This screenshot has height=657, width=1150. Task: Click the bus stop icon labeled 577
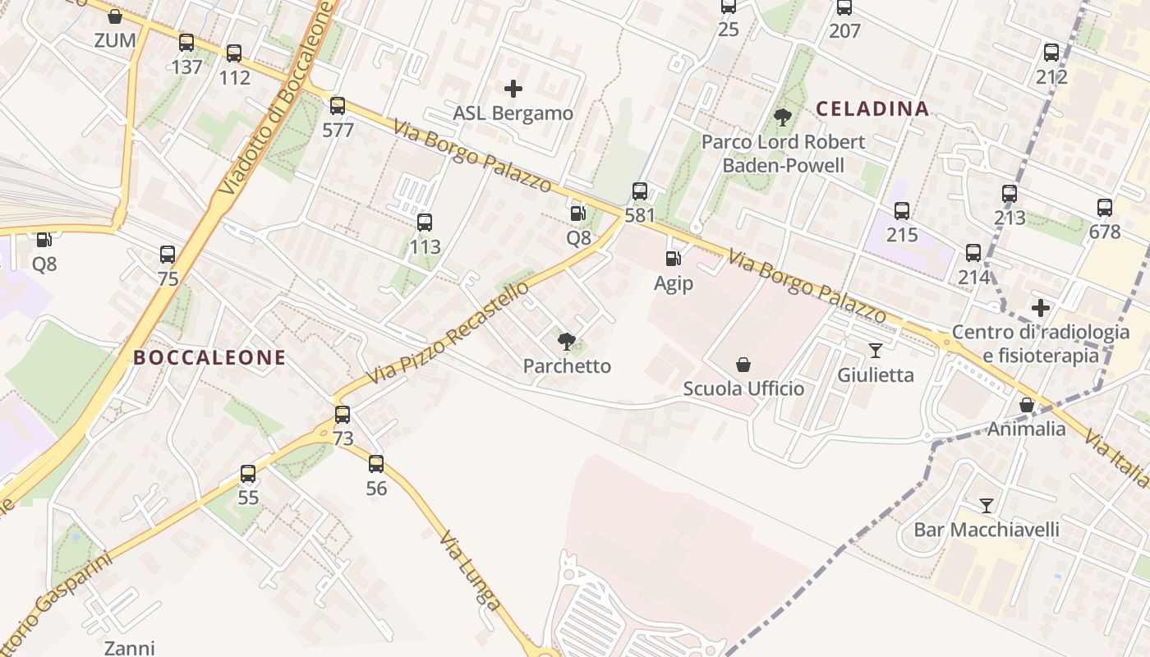tap(338, 106)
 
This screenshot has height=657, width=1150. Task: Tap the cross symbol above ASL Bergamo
tap(513, 89)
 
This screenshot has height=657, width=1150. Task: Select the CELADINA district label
tap(872, 108)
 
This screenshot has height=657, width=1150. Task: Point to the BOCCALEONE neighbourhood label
tap(209, 357)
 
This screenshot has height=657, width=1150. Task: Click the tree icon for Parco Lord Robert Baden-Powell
tap(783, 117)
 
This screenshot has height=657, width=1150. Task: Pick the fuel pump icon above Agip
tap(673, 260)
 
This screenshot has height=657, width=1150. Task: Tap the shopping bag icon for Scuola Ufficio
tap(743, 365)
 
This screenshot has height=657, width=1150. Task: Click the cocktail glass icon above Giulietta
tap(876, 351)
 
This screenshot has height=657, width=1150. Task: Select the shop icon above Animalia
tap(1026, 405)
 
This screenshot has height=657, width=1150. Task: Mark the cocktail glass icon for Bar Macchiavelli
tap(987, 505)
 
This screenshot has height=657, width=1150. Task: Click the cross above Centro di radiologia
tap(1041, 308)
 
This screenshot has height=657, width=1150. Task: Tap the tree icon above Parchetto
tap(566, 342)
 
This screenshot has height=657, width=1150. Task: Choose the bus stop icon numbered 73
tap(343, 415)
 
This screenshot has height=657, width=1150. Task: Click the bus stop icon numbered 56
tap(376, 464)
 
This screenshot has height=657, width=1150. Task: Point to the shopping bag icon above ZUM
tap(115, 16)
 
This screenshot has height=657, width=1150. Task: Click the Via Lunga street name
tap(470, 572)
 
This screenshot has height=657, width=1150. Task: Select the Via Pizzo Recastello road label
tap(448, 333)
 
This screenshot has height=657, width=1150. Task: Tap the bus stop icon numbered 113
tap(425, 223)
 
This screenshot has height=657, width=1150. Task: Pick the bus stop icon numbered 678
tap(1105, 208)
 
